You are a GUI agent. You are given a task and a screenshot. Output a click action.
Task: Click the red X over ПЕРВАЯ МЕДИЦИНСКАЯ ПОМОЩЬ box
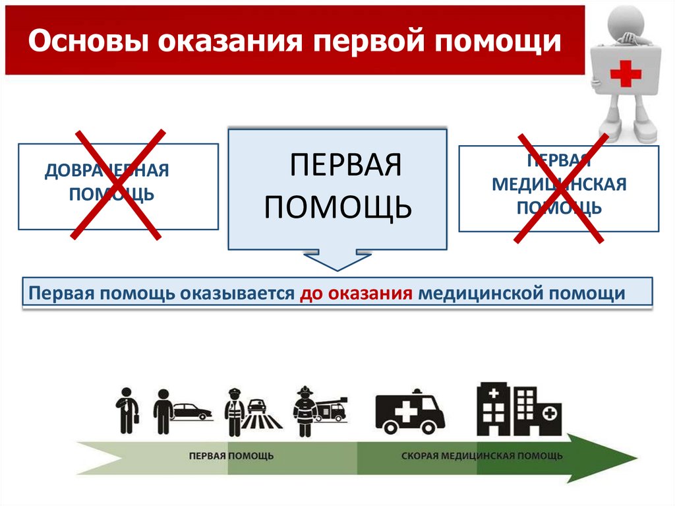tap(561, 189)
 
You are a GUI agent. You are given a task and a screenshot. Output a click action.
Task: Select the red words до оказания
tap(356, 293)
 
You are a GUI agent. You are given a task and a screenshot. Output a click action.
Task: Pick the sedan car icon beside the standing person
tap(192, 411)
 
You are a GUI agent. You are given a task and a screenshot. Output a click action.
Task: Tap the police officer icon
tap(235, 412)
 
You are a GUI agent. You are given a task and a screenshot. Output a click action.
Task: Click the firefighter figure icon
tap(304, 411)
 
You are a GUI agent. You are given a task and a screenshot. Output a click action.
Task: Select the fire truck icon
tap(332, 409)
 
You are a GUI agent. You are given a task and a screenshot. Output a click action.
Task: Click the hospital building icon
tap(519, 408)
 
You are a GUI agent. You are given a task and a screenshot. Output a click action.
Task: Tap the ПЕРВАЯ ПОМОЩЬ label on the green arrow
tap(231, 456)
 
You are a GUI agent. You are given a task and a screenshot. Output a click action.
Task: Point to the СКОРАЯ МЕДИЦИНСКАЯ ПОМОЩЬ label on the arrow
tap(482, 456)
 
